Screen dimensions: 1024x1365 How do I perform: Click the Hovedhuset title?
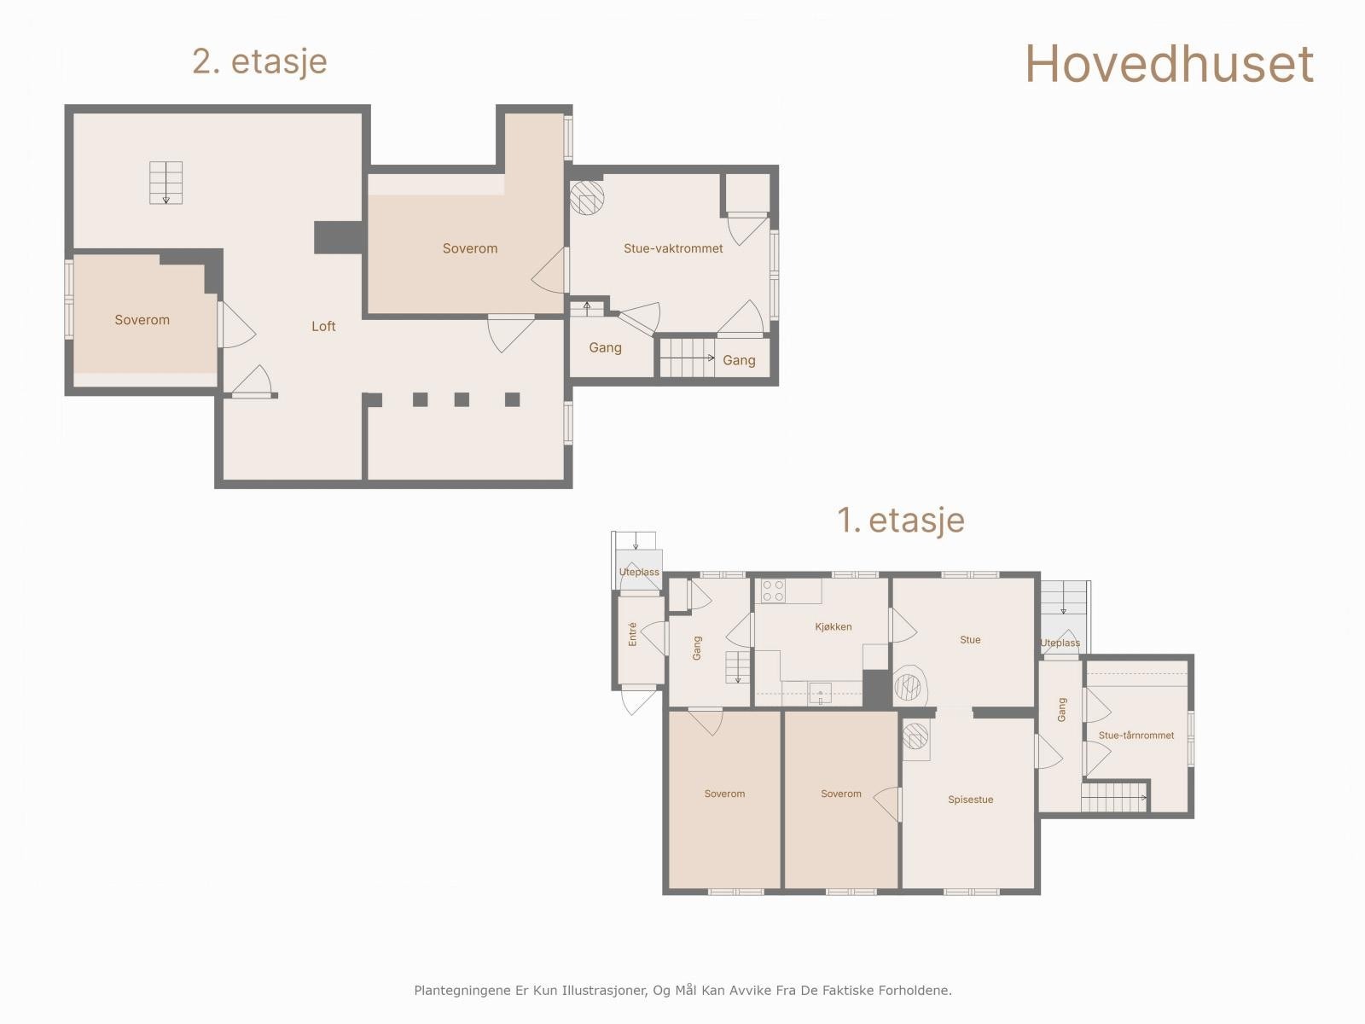1169,64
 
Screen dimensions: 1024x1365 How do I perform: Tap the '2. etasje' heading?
259,61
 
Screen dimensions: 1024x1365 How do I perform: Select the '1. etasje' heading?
901,520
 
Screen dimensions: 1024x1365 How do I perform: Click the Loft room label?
323,326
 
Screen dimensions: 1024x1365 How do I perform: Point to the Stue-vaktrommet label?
673,248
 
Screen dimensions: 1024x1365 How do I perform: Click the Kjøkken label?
834,626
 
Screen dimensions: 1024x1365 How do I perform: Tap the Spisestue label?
970,800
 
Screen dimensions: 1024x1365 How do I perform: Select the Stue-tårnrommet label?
1136,735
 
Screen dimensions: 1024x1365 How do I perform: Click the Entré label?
632,634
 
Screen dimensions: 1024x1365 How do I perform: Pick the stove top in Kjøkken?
773,591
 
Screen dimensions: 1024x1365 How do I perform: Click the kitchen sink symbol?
820,693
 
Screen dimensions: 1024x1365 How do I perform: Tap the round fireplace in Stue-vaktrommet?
587,198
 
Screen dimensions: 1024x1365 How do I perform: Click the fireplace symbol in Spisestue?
915,736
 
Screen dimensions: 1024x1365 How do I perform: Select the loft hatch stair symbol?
166,183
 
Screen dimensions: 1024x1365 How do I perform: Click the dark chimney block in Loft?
339,237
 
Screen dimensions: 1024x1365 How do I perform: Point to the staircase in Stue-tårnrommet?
1113,798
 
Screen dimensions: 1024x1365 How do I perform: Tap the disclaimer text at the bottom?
682,991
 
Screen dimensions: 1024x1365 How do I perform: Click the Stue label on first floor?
970,639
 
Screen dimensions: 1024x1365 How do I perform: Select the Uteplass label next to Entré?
639,572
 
